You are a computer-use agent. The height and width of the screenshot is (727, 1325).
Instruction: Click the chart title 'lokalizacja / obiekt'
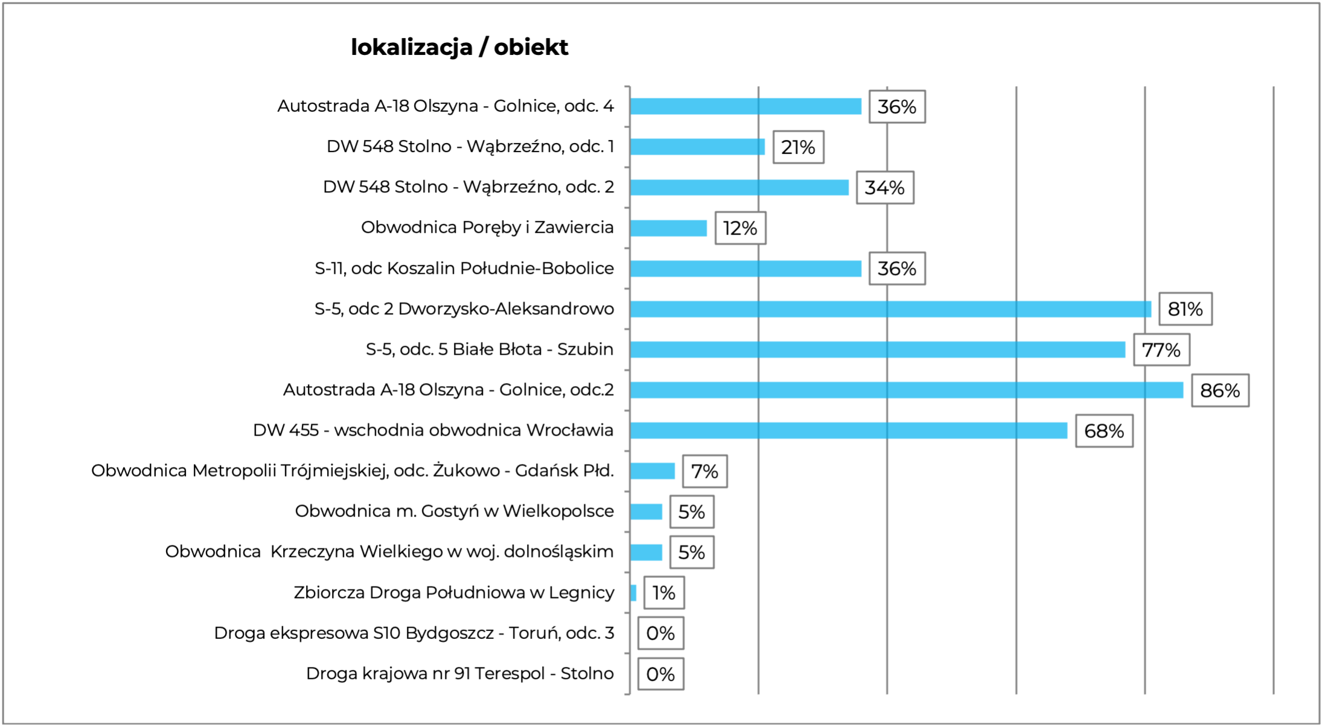coord(459,48)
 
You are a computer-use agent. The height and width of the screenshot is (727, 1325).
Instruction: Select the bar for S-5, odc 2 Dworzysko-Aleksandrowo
coord(890,309)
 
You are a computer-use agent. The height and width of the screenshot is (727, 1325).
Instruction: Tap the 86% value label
coord(1219,390)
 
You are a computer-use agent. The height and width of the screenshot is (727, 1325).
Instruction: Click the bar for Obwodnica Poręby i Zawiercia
coord(668,228)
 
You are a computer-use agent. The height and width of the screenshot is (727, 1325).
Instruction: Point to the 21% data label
coord(798,147)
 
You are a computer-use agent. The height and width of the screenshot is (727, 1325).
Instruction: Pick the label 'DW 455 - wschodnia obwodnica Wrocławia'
coord(433,430)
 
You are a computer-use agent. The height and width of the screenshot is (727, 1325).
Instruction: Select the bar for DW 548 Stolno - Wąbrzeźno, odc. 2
coord(739,188)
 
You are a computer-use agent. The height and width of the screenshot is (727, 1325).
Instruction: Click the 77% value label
coord(1161,350)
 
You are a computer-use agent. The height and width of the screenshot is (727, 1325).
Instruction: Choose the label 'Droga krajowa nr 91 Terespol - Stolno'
coord(459,673)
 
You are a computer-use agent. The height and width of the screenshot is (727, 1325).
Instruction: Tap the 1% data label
coord(663,593)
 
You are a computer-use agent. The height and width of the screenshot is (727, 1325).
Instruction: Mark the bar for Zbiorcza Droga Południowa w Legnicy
coord(633,593)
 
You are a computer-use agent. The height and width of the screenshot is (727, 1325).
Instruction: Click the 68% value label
coord(1103,431)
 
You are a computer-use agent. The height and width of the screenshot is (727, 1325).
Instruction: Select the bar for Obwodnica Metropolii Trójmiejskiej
coord(652,471)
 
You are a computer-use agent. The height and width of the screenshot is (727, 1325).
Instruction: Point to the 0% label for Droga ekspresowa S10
coord(660,633)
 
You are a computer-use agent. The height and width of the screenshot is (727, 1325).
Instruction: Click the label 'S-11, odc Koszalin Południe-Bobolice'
coord(464,268)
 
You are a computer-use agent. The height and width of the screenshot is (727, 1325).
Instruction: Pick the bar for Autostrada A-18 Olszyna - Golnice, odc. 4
coord(746,106)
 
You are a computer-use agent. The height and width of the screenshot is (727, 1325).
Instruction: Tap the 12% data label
coord(740,228)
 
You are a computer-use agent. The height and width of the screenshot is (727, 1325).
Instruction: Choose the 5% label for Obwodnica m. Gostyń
coord(691,512)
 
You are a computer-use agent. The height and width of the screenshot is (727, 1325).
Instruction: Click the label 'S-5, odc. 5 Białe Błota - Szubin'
coord(489,349)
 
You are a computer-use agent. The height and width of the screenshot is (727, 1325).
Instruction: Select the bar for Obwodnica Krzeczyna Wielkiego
coord(646,552)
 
